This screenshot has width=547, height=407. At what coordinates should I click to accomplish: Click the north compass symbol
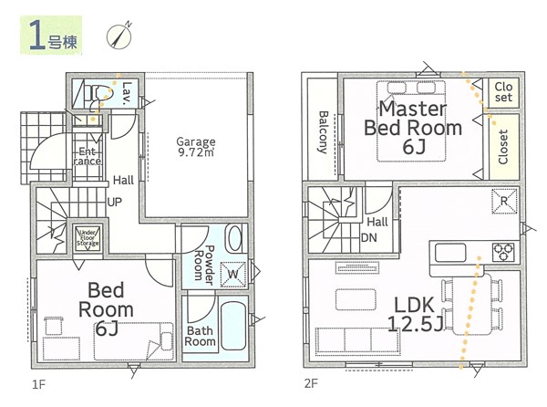click(119, 37)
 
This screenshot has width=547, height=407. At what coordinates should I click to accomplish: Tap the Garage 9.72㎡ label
click(196, 147)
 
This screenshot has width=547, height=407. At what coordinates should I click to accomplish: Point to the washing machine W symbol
click(233, 274)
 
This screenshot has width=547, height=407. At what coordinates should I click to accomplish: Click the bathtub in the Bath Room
click(234, 326)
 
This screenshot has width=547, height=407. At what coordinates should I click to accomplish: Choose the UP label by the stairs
click(115, 202)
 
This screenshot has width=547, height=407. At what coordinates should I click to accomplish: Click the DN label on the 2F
click(368, 237)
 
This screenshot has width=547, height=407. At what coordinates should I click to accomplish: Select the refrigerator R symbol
click(504, 201)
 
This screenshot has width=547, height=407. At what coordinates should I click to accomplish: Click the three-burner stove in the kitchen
click(503, 252)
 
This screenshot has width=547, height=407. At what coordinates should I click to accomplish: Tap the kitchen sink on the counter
click(450, 253)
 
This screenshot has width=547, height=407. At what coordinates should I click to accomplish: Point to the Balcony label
click(323, 132)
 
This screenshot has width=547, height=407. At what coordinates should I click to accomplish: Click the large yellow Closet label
click(502, 147)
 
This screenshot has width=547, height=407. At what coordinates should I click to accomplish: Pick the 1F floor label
click(39, 384)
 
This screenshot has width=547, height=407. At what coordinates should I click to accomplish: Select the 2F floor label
click(311, 384)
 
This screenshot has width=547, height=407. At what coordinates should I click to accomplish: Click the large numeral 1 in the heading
click(37, 36)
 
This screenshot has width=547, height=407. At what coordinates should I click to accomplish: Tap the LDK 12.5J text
click(415, 314)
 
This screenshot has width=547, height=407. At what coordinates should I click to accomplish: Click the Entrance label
click(88, 156)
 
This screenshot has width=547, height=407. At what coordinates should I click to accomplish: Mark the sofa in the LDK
click(357, 340)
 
